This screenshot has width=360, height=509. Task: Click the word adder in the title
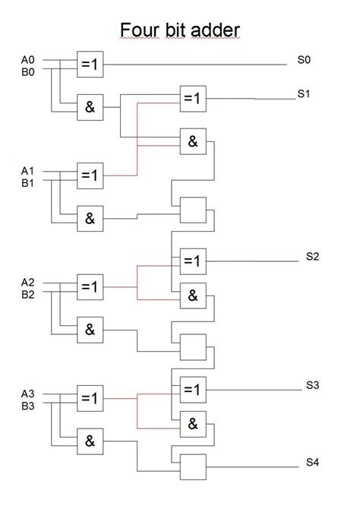[215, 30]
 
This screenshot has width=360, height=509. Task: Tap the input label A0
[27, 60]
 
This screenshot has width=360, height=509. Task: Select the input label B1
[27, 183]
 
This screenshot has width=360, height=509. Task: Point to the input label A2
[27, 283]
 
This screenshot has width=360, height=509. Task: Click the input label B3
[27, 406]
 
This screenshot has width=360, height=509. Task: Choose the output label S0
[304, 60]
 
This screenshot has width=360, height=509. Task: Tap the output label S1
[304, 93]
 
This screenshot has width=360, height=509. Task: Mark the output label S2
[312, 257]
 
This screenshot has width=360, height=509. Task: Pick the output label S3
[312, 385]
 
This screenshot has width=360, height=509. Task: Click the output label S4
[312, 462]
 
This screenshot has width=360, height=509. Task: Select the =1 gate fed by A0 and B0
[90, 65]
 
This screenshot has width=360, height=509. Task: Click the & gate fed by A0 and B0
[90, 107]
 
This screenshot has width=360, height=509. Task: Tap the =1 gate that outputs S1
[193, 99]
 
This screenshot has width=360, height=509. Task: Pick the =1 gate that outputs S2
[193, 261]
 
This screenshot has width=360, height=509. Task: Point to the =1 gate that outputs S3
[193, 390]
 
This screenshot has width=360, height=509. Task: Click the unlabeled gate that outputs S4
[193, 467]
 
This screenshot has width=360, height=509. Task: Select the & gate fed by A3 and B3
[90, 441]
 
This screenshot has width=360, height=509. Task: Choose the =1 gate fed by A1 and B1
[90, 175]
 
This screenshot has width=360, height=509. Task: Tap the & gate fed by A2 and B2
[90, 330]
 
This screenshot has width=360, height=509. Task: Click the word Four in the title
[141, 30]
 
